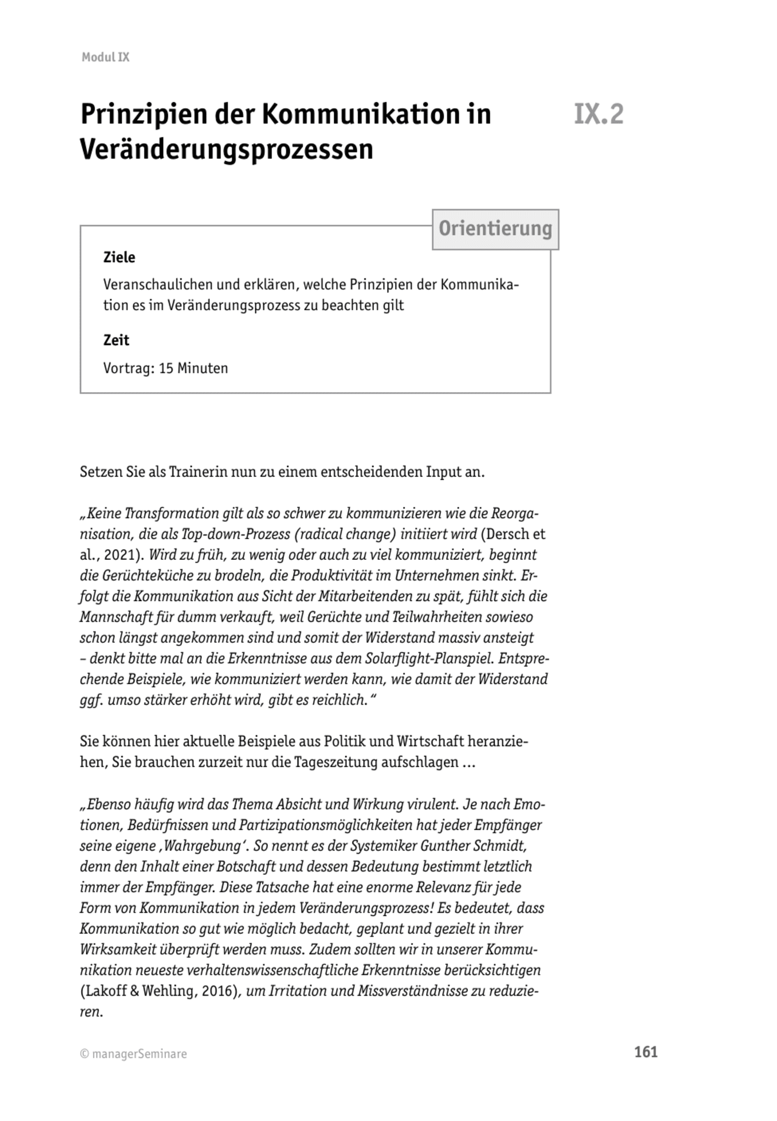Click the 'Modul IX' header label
point(105,57)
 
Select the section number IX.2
point(598,114)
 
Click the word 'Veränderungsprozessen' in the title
point(227,150)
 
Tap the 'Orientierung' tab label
point(495,229)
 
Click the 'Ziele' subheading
point(119,257)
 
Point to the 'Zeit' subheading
point(116,340)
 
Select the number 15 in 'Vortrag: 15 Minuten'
point(166,369)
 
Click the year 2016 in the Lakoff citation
point(216,991)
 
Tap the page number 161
point(646,1052)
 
